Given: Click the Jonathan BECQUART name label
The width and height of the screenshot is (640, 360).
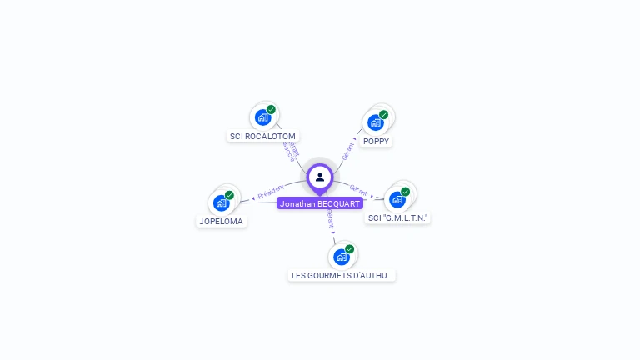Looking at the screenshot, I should coord(320,203).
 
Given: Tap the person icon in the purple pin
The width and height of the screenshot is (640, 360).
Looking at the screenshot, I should coord(320,177).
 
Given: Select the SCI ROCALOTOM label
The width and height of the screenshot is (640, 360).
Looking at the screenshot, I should coord(262,136).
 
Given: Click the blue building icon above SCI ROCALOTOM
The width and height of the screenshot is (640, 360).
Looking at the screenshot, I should coord(262,117).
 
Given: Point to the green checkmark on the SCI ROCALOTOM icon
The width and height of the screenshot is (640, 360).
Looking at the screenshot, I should coord(271,110).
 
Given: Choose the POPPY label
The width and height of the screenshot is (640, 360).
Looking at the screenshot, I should coord(376,141).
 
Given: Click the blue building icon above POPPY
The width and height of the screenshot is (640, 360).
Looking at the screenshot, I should coord(375,122).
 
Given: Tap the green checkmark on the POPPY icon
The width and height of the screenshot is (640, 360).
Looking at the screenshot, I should coord(383,115).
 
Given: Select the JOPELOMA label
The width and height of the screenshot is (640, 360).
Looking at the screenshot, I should coord(221,221).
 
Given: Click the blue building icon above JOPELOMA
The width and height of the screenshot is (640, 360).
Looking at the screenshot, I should coord(221,202).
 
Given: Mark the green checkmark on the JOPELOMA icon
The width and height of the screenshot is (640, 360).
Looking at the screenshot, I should coord(229,195).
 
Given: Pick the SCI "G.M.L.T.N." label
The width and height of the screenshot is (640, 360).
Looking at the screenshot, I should coord(398,217).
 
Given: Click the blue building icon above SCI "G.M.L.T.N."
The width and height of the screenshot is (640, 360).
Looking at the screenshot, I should coord(397,199).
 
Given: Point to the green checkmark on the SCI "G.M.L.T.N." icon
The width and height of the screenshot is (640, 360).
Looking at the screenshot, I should coord(405,192).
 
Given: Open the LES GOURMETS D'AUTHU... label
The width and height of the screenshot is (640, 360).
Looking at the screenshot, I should coord(342,275).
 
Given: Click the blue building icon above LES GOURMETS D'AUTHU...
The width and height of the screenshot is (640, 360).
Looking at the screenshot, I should coord(341,257).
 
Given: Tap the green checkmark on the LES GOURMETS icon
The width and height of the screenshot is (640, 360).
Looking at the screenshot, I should coord(349,249).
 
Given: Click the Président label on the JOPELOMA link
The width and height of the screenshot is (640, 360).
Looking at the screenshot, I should coord(271,191).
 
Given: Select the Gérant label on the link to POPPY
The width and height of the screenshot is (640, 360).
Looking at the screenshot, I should coord(348,151).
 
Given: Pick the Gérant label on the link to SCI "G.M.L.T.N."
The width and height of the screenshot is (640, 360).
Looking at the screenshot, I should coord(358,191).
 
